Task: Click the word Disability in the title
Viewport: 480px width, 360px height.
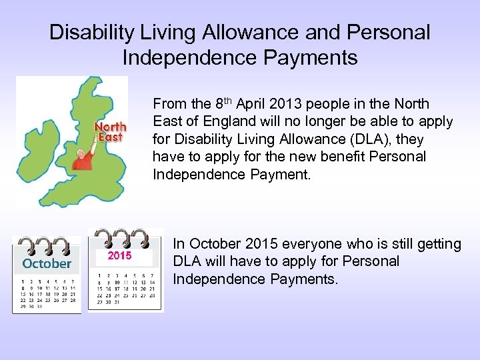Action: point(87,33)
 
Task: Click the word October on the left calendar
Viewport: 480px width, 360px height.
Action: point(47,264)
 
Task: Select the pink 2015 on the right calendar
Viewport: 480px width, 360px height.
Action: point(120,256)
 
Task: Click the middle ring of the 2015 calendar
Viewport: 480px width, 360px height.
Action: point(121,237)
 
